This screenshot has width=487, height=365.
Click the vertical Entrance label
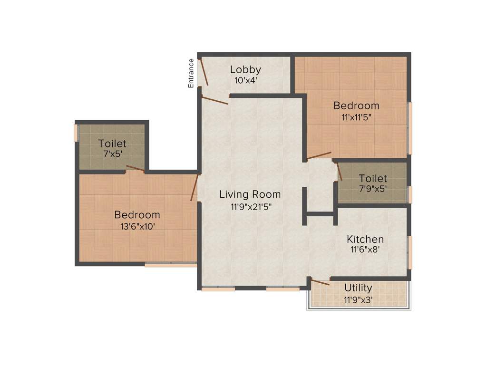point(191,73)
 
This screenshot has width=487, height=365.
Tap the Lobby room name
point(245,70)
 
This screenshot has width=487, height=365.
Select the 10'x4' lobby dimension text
point(245,81)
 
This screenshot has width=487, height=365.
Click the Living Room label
point(250,194)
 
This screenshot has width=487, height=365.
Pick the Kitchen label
point(365,239)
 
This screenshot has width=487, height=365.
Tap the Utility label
point(358,288)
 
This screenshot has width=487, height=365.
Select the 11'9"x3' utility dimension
point(358,300)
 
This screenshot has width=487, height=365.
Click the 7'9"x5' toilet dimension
point(373,188)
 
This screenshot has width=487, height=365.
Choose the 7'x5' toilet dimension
point(112,154)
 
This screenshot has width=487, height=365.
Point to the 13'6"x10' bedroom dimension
point(137,227)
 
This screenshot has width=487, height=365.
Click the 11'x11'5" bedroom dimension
point(356,117)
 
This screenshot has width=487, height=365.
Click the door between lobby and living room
point(215,100)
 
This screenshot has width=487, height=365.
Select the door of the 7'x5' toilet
point(136,168)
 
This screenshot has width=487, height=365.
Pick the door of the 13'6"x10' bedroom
point(194,187)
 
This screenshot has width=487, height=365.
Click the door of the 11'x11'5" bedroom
point(319,155)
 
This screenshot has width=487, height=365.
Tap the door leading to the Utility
point(320,282)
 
